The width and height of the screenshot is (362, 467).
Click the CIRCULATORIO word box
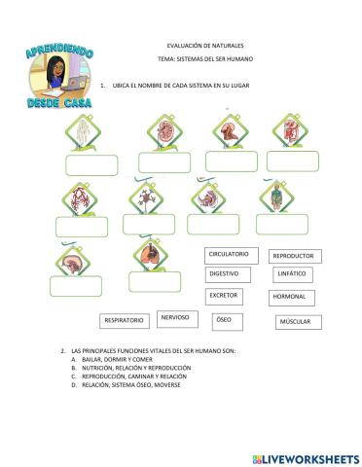pos(230,254)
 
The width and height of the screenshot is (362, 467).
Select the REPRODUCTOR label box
pos(295,256)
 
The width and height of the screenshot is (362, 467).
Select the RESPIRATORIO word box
pos(124,319)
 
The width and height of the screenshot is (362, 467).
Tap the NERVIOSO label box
pos(175,317)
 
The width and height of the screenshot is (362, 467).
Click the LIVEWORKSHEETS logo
pos(305,457)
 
